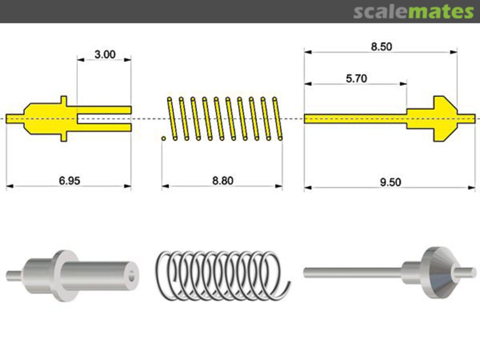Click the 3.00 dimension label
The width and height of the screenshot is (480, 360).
point(105,55)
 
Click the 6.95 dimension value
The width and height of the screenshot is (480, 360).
point(69,181)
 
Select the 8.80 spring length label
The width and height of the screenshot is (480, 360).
point(222,181)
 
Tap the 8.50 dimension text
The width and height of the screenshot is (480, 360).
point(381,47)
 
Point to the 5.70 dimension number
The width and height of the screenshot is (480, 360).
point(356,78)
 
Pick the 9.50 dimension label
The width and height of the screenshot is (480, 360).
point(390,182)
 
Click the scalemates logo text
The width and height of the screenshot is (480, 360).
point(413,12)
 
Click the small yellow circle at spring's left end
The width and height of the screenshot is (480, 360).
point(164,139)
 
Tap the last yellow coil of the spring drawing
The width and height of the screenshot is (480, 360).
point(277,119)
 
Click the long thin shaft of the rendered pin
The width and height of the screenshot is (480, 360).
point(351,272)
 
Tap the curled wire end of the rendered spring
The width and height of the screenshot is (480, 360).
point(284,291)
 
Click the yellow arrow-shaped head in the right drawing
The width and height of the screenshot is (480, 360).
point(442,118)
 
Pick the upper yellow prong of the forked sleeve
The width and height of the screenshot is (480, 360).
point(104,109)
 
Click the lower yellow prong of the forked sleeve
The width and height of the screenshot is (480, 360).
point(104,128)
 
